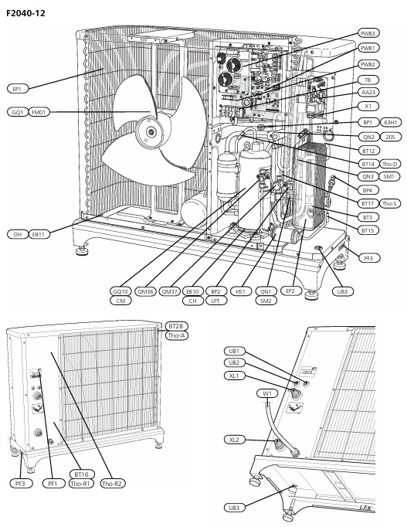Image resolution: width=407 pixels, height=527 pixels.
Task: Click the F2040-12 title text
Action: coord(25,13)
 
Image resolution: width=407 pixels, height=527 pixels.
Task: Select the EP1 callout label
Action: coord(18,89)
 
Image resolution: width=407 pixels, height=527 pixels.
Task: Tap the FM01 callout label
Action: coord(39,112)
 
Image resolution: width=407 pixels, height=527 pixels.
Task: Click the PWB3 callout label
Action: coord(368,33)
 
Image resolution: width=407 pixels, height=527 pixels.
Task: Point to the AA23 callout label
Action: coord(368,92)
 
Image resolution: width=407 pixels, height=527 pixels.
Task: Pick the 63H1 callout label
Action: coord(391,122)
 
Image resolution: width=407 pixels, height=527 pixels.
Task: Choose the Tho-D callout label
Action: coord(389,164)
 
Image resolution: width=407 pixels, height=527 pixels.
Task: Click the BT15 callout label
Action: coord(368,230)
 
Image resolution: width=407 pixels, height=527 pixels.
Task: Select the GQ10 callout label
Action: coord(120,291)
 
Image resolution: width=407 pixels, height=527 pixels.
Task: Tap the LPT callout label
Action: coord(215,301)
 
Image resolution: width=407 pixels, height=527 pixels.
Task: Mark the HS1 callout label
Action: coord(240,291)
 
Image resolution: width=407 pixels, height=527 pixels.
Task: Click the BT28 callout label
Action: coord(176,326)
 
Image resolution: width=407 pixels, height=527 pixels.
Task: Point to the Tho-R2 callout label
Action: coord(112,484)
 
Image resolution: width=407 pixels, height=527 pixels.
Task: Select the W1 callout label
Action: coord(267,393)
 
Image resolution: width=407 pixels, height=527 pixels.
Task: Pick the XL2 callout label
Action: coord(234,440)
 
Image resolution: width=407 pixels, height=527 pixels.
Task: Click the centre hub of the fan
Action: coord(151,131)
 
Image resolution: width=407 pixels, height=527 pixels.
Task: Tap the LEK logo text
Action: coord(366,508)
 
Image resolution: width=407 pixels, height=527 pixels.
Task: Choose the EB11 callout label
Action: coord(39,234)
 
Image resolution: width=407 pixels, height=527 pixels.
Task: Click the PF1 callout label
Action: coord(53,484)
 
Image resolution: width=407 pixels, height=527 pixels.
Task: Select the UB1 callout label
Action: coord(234,352)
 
